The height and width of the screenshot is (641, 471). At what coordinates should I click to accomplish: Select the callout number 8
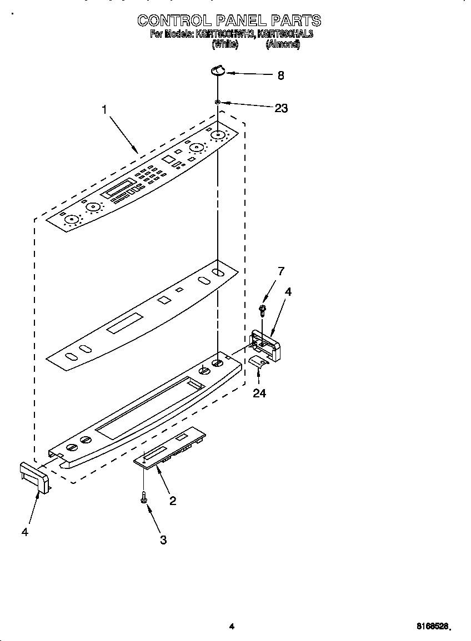pyautogui.click(x=280, y=75)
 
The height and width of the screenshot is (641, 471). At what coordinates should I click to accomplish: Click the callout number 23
pyautogui.click(x=281, y=108)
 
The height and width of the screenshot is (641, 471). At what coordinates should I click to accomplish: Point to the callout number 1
pyautogui.click(x=104, y=110)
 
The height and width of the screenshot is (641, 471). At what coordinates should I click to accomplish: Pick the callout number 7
pyautogui.click(x=281, y=271)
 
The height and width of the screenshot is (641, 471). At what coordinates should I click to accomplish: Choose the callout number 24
pyautogui.click(x=259, y=393)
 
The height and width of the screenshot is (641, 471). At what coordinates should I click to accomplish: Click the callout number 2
pyautogui.click(x=173, y=501)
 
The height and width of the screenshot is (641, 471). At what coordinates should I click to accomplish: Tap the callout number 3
pyautogui.click(x=163, y=539)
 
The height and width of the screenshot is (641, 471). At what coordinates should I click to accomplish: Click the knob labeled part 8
pyautogui.click(x=217, y=70)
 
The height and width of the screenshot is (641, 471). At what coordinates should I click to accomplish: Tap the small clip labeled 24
pyautogui.click(x=257, y=362)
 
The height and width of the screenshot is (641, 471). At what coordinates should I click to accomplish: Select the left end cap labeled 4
pyautogui.click(x=34, y=476)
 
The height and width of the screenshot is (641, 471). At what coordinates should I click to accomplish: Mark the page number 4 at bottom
pyautogui.click(x=232, y=627)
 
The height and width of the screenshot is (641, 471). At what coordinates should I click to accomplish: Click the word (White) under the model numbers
pyautogui.click(x=225, y=45)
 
